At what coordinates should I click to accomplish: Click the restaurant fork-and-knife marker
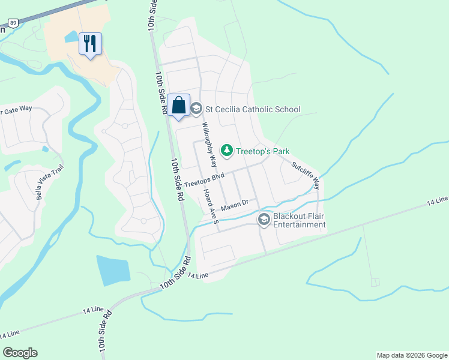pos(90,44)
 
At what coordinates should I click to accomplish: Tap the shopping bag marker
pos(179,106)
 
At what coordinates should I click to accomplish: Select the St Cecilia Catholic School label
pos(253,109)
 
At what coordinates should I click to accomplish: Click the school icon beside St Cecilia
pos(196,109)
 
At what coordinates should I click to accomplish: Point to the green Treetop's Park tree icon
pos(227,150)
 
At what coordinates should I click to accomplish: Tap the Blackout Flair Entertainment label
pos(299,220)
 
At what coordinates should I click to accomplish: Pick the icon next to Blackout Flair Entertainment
pos(264,220)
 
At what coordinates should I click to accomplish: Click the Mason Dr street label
pos(234,206)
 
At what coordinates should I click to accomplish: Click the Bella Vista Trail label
pos(40,179)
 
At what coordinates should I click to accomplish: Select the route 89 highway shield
pos(13,22)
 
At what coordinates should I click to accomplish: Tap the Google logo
pos(20,353)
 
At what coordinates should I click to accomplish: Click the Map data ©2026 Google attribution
pos(412,355)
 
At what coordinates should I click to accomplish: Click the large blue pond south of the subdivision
pos(113,270)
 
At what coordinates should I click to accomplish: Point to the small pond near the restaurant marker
pos(71,37)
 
